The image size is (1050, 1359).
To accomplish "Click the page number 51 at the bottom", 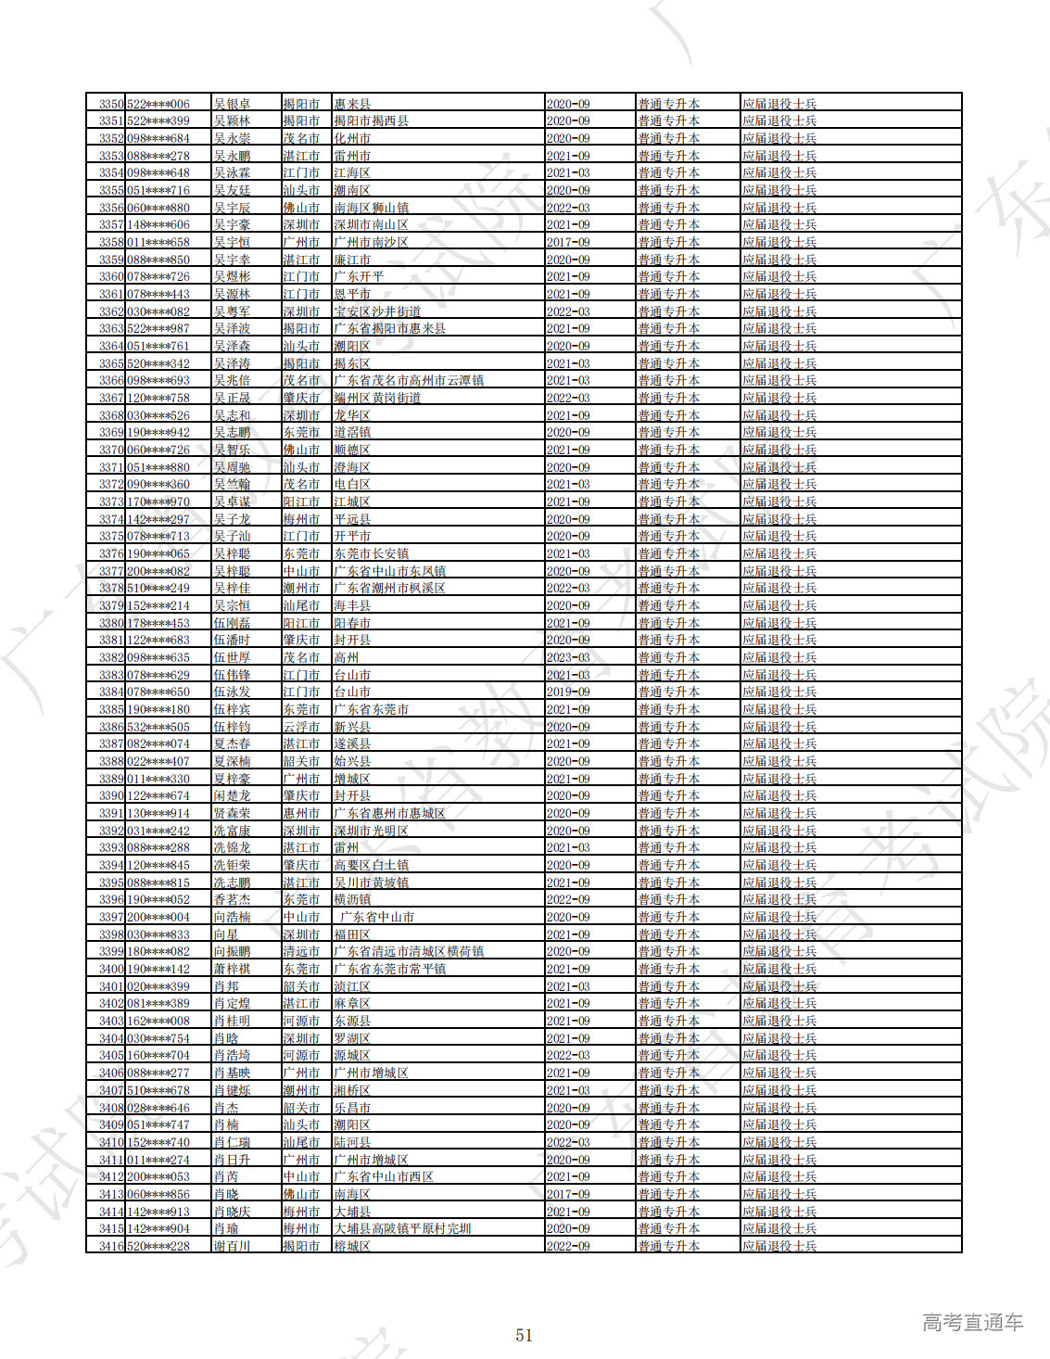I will (x=525, y=1335).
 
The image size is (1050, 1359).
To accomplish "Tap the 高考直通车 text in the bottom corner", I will (x=972, y=1323).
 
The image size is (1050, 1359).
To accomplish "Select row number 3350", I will (x=111, y=104).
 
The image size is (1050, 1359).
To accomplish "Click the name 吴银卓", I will (x=232, y=104).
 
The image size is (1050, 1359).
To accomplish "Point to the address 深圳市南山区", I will (x=371, y=225).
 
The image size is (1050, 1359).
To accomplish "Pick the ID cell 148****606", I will (x=158, y=225).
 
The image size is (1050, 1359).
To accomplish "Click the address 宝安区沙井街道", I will (x=377, y=311).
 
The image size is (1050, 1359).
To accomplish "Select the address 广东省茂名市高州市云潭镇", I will (x=409, y=381).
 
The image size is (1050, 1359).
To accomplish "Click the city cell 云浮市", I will (x=301, y=727).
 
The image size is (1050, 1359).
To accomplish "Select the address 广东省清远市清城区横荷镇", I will (x=409, y=952).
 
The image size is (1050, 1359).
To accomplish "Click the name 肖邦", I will (x=226, y=986).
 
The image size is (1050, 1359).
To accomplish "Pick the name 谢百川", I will (x=232, y=1246).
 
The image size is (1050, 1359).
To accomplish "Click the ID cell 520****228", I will (x=158, y=1246).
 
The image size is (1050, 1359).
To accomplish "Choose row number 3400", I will (x=111, y=969).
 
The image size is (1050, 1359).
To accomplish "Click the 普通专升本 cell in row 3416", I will (x=669, y=1246).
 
